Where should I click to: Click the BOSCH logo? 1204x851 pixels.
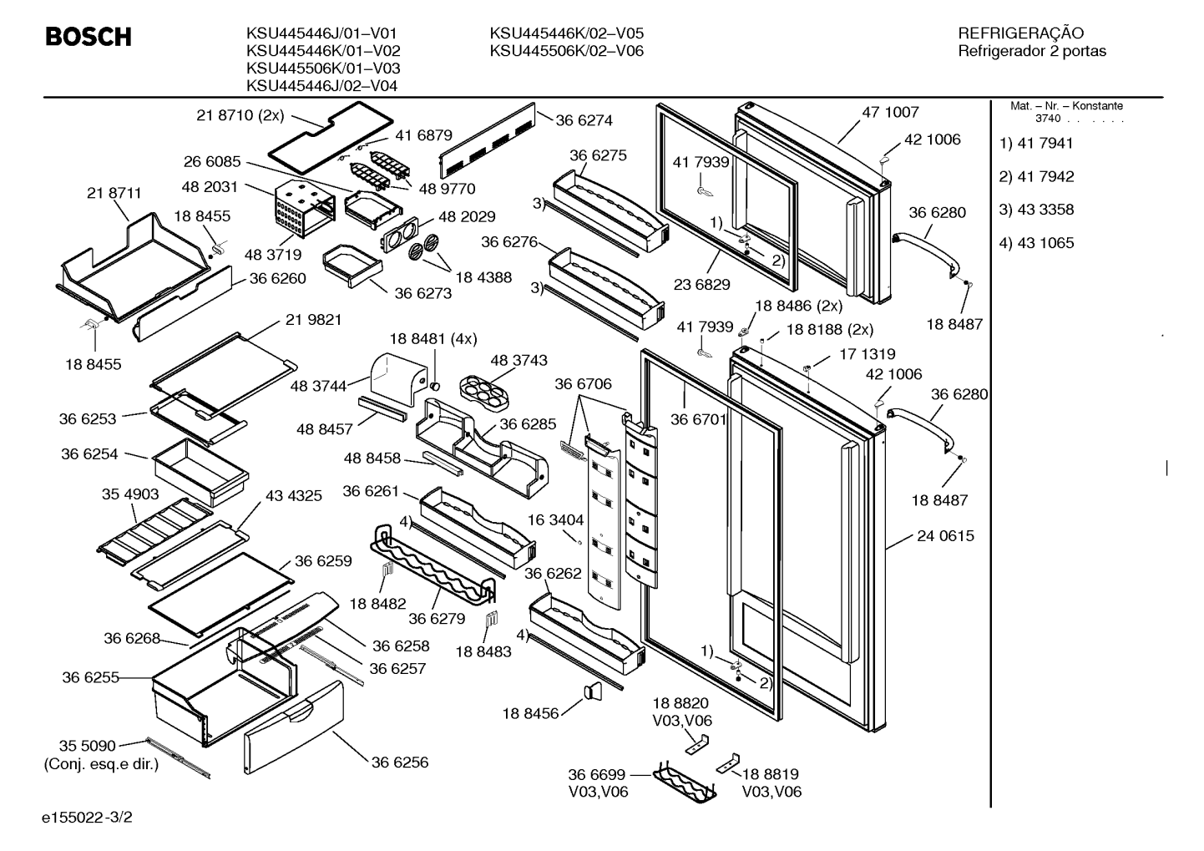click(x=89, y=37)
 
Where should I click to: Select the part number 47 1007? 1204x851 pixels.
click(x=891, y=112)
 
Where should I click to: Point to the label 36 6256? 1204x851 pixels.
click(x=400, y=762)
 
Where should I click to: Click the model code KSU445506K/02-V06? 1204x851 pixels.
click(x=567, y=51)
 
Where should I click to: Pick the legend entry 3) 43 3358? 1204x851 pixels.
click(x=1036, y=210)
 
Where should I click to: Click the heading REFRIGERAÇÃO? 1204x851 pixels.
click(x=1020, y=33)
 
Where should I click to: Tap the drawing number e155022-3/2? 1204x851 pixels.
click(x=87, y=818)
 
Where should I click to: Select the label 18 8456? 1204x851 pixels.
click(x=530, y=713)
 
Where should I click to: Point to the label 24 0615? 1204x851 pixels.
click(x=945, y=536)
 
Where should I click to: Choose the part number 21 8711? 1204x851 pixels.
click(x=114, y=193)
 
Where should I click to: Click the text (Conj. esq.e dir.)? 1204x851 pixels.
click(x=101, y=764)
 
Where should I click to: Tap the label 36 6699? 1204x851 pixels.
click(x=597, y=775)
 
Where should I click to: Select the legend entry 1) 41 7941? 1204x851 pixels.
click(x=1036, y=144)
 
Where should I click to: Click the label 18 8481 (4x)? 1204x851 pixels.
click(x=433, y=339)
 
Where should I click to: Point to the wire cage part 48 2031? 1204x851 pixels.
click(x=304, y=210)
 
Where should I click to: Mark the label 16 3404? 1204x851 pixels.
click(x=555, y=519)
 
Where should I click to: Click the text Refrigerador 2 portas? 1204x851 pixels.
click(x=1032, y=51)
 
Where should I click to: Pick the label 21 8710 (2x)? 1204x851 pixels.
click(x=240, y=115)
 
